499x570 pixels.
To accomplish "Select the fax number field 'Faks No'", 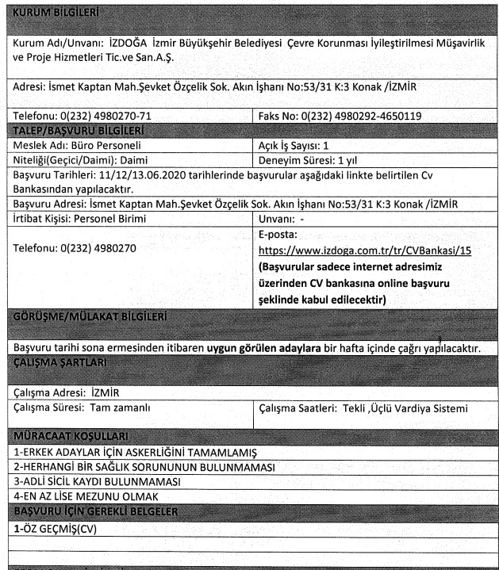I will coord(340,117).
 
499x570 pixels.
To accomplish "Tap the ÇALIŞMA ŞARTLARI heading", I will coord(65,362).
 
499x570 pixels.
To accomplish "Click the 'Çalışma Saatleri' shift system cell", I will coord(363,407).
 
